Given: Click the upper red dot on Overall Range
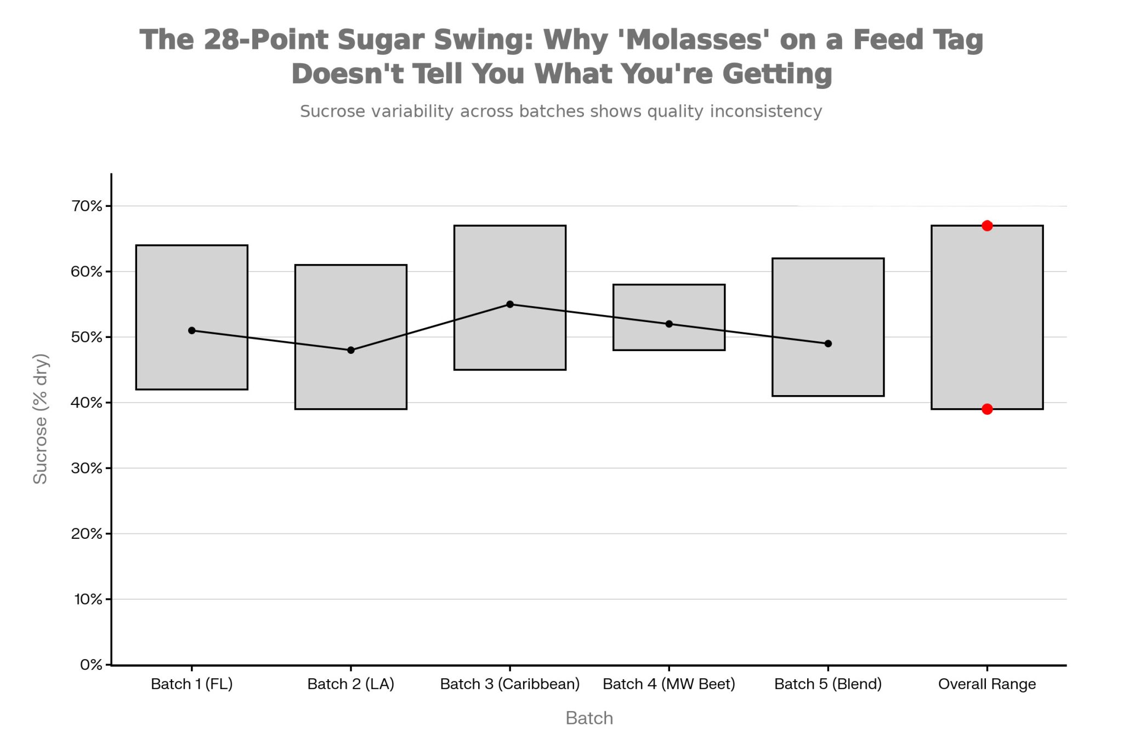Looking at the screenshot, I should click(987, 226).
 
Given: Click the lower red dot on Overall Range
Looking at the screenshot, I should click(987, 409).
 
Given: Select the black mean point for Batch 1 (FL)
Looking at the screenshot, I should click(192, 330).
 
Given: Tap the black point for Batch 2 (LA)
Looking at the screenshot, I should click(351, 350).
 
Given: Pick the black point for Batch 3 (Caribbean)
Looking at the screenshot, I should click(510, 304).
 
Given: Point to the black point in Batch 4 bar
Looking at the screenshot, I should click(669, 324).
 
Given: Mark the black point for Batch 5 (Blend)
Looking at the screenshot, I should click(828, 343).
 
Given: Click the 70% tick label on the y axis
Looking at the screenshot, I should click(87, 206).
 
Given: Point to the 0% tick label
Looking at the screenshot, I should click(91, 665).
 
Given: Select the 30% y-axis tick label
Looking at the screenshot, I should click(87, 468).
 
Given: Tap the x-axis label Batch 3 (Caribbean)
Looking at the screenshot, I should click(510, 684).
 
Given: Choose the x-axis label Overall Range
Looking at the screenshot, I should click(987, 684).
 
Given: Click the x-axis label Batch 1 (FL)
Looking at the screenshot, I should click(192, 684).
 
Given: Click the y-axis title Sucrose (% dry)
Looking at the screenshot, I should click(41, 419).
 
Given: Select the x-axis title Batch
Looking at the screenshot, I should click(589, 718).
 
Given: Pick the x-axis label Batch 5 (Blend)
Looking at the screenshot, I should click(828, 684).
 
